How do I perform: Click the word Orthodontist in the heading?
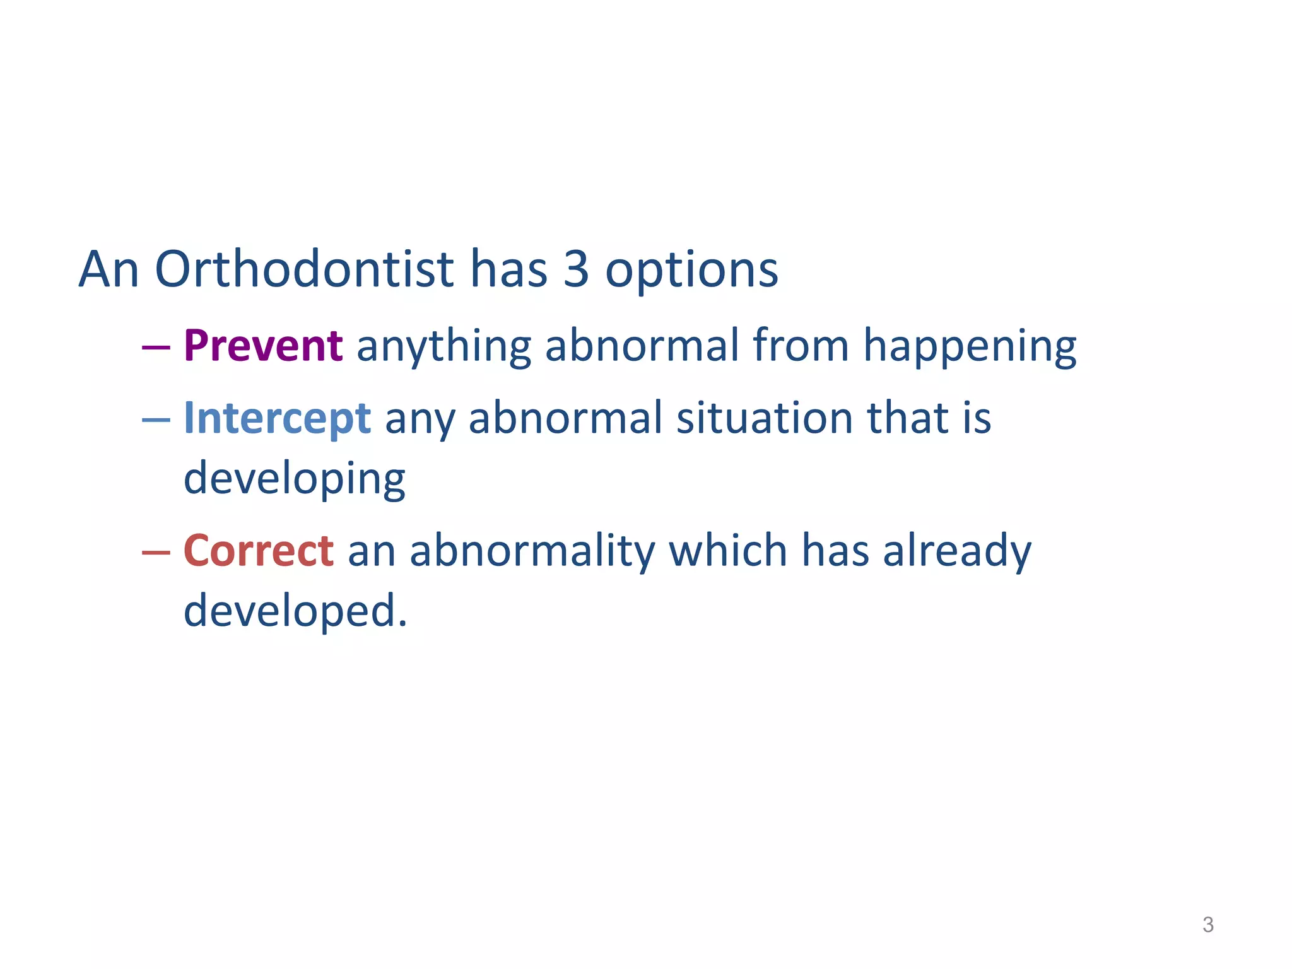pyautogui.click(x=304, y=269)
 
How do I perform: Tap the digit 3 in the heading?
pyautogui.click(x=575, y=269)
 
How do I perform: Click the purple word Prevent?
pyautogui.click(x=262, y=346)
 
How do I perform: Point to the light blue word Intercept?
pyautogui.click(x=276, y=419)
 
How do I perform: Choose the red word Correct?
pyautogui.click(x=258, y=551)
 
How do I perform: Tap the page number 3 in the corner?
pyautogui.click(x=1207, y=925)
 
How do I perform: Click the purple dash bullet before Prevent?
pyautogui.click(x=156, y=348)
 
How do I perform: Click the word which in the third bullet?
pyautogui.click(x=727, y=551)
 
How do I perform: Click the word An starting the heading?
pyautogui.click(x=109, y=269)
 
